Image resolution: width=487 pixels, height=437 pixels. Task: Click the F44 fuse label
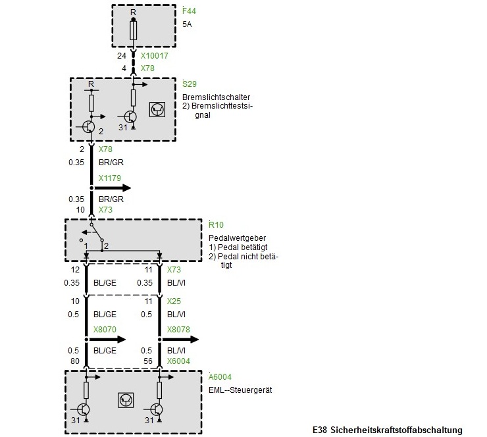[x=190, y=11]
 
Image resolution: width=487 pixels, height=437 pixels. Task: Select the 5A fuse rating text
[x=188, y=24]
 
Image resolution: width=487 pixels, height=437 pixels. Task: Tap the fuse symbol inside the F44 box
[x=133, y=30]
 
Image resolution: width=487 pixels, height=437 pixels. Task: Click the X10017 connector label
[x=155, y=57]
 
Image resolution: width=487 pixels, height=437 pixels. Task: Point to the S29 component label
[x=189, y=84]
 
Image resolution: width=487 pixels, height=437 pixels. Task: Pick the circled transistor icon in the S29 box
[x=158, y=110]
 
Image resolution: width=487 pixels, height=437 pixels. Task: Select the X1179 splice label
[x=109, y=178]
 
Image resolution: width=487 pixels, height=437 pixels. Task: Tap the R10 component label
[x=216, y=224]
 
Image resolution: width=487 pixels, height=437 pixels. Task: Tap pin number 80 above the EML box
[x=74, y=361]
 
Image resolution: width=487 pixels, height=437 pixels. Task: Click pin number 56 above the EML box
[x=148, y=361]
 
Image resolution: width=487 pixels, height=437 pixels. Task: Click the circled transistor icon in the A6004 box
[x=125, y=399]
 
